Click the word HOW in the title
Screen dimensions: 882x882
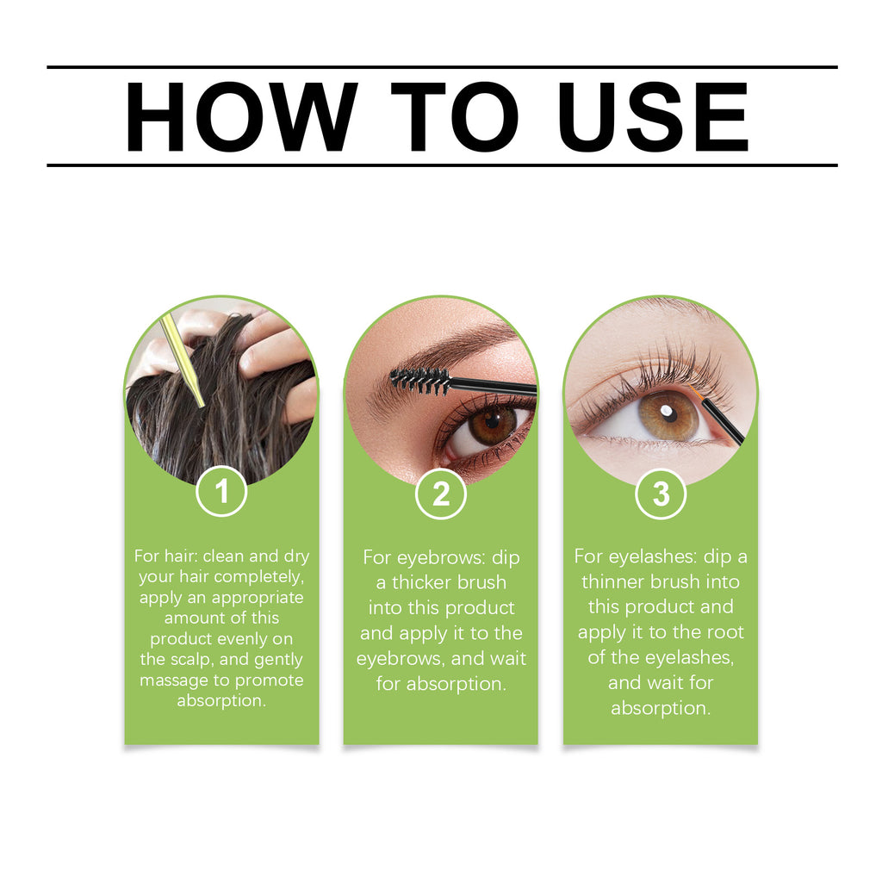coord(240,117)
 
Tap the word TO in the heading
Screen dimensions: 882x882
coord(455,117)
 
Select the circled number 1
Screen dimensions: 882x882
coord(221,492)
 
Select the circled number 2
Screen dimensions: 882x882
coord(441,494)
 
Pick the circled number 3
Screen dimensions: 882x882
coord(661,494)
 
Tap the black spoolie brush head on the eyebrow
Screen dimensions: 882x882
coord(420,378)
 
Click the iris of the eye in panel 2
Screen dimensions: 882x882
coord(492,424)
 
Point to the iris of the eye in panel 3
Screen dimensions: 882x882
coord(669,416)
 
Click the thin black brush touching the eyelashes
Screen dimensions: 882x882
coord(722,420)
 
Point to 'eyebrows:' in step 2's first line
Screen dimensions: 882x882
coord(444,557)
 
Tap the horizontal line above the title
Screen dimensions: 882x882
coord(441,67)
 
